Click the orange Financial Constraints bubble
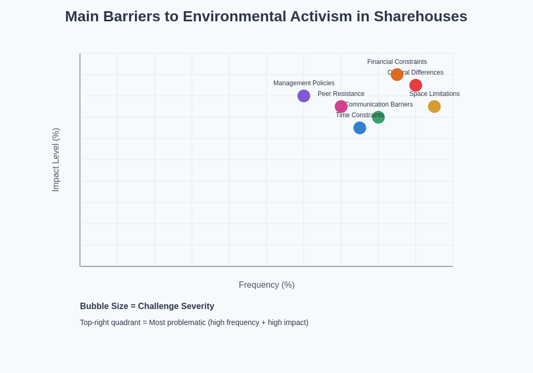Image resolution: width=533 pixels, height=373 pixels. (397, 75)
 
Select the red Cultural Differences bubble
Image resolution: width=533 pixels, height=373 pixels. (416, 85)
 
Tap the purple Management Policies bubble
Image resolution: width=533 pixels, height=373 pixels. (304, 96)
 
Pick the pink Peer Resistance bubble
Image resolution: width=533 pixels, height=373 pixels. (341, 107)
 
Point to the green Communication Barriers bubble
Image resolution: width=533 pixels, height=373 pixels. (379, 118)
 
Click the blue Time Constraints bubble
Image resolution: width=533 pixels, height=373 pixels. (360, 128)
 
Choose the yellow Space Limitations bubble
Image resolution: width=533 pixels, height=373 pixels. (434, 107)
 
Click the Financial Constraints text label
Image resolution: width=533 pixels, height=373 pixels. (397, 62)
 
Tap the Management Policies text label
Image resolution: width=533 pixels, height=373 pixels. (304, 83)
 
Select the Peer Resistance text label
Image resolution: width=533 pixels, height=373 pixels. (341, 94)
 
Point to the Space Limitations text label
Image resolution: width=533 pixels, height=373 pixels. (434, 94)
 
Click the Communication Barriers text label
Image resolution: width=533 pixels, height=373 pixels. (379, 104)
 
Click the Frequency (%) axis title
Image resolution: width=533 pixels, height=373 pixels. (266, 285)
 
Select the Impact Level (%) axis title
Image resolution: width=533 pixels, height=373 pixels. (56, 160)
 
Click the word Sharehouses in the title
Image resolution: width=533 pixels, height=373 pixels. (420, 17)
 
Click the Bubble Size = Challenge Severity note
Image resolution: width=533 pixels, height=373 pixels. (147, 306)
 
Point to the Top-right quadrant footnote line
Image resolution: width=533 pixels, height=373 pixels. (194, 322)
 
